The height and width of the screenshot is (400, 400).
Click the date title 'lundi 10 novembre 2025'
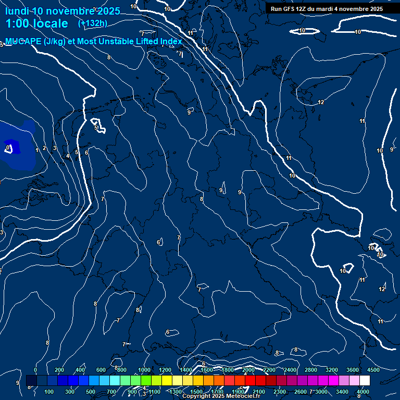pyautogui.click(x=63, y=11)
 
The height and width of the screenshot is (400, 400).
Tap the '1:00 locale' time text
pyautogui.click(x=36, y=23)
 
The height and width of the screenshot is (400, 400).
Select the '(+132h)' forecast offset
pyautogui.click(x=93, y=23)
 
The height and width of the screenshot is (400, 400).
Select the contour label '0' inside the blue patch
pyautogui.click(x=8, y=148)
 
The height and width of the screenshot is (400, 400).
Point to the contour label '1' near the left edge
pyautogui.click(x=37, y=150)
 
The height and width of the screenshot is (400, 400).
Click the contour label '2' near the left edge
pyautogui.click(x=44, y=148)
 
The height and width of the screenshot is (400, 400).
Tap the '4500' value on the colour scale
pyautogui.click(x=373, y=370)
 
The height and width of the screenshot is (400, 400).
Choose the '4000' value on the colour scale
pyautogui.click(x=363, y=392)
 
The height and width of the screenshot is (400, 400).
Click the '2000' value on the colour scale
pyautogui.click(x=248, y=370)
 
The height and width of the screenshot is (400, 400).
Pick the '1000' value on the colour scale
pyautogui.click(x=144, y=370)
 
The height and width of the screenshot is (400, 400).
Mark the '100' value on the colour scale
pyautogui.click(x=49, y=392)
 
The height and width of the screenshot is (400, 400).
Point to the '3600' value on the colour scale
pyautogui.click(x=353, y=370)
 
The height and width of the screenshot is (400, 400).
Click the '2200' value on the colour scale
pyautogui.click(x=269, y=370)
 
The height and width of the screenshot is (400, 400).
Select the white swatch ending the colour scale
pyautogui.click(x=365, y=381)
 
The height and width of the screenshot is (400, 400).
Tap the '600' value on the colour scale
pyautogui.click(x=101, y=370)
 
